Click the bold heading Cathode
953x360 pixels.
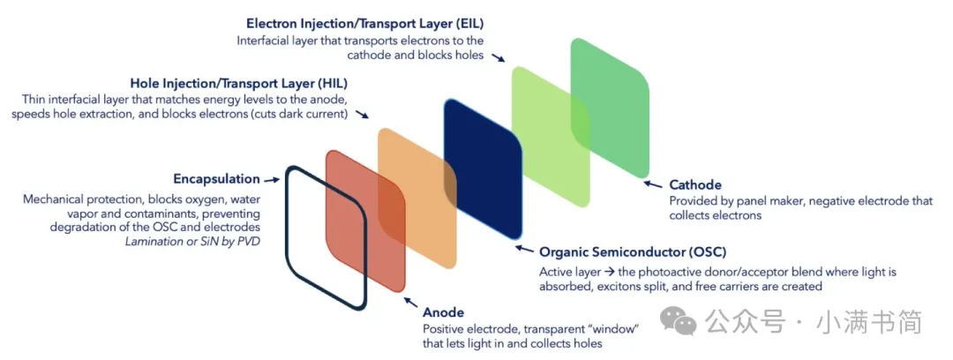point(695,185)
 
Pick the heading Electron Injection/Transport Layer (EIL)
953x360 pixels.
point(359,22)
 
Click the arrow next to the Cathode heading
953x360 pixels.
point(654,184)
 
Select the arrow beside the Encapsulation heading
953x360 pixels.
point(274,179)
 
